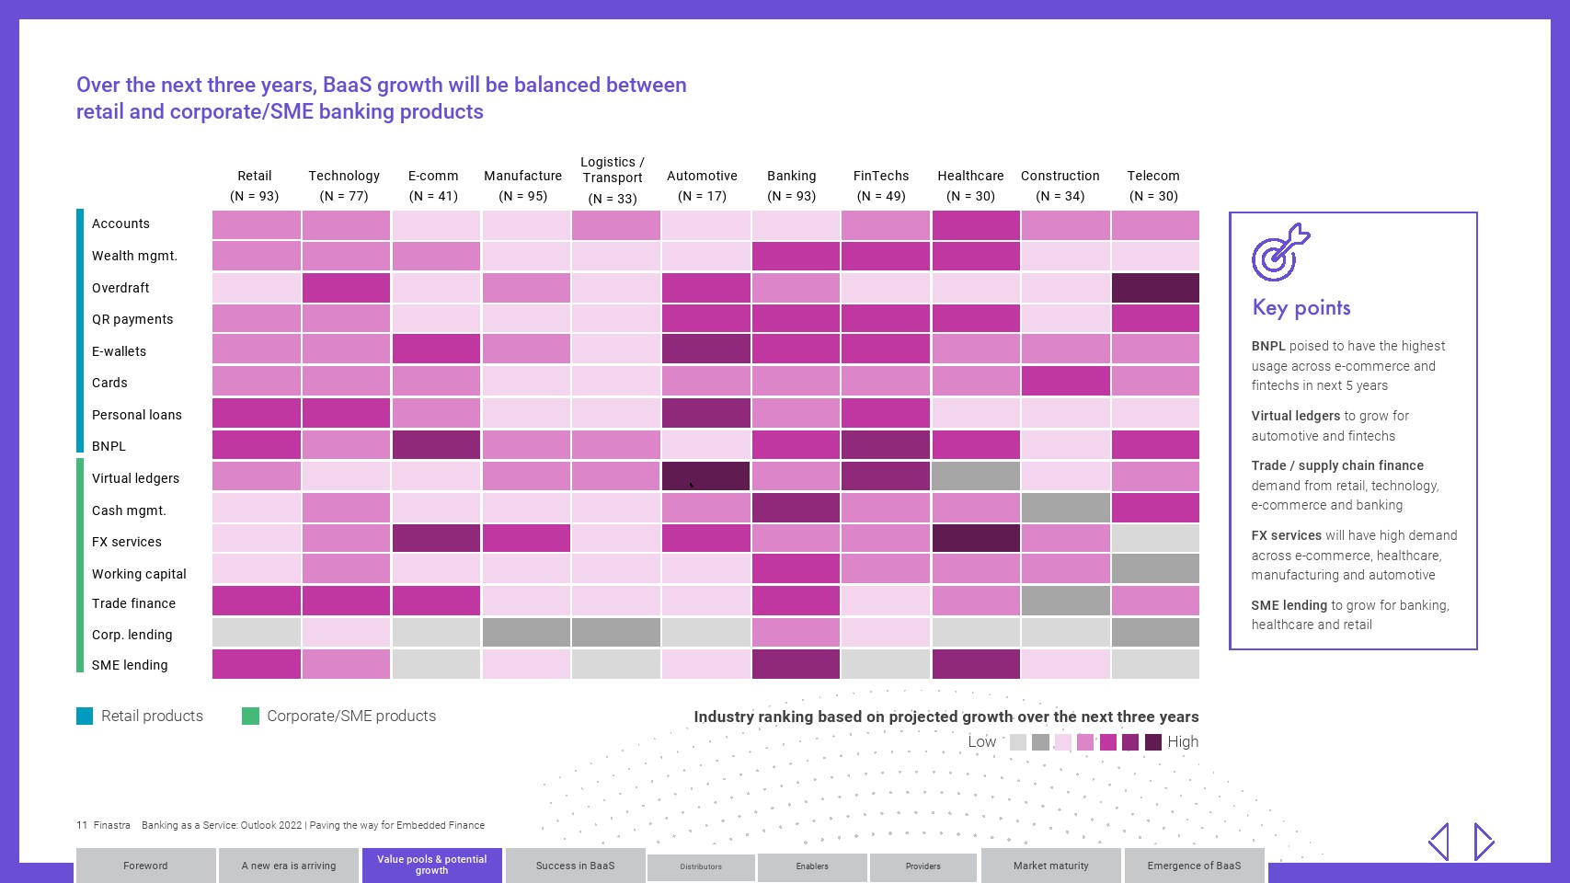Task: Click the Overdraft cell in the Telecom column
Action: point(1155,288)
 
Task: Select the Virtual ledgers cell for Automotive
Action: point(705,476)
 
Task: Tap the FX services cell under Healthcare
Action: point(976,538)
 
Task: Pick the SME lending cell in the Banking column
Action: point(796,664)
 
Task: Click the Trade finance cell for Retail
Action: point(256,601)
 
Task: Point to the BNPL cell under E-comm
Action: point(436,444)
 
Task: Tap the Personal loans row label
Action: point(137,415)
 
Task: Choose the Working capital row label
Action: point(139,574)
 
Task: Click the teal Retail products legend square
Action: point(85,716)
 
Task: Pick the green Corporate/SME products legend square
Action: point(250,716)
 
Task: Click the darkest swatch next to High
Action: point(1153,742)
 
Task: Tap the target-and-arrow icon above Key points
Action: point(1280,252)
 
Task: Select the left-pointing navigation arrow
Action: point(1439,842)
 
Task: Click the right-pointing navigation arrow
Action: point(1484,842)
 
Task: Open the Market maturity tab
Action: point(1050,866)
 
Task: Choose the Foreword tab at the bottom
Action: point(145,866)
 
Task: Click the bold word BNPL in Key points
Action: point(1268,346)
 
